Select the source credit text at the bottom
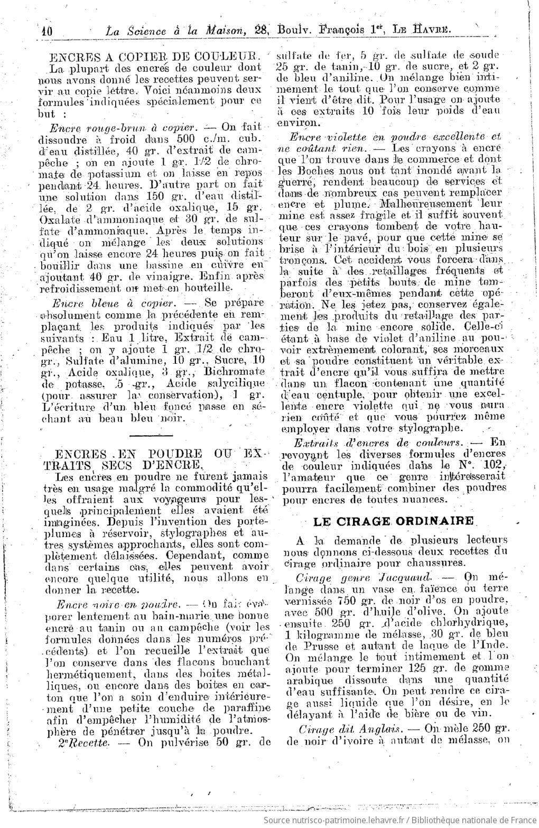point(399,819)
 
